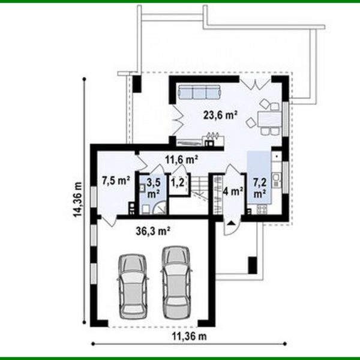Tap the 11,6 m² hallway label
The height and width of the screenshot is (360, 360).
click(182, 160)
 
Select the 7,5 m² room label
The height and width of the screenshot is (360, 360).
click(116, 179)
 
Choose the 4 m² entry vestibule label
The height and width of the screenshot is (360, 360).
click(232, 192)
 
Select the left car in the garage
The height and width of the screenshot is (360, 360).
click(132, 284)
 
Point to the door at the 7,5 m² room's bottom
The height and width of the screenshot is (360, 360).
click(108, 220)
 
